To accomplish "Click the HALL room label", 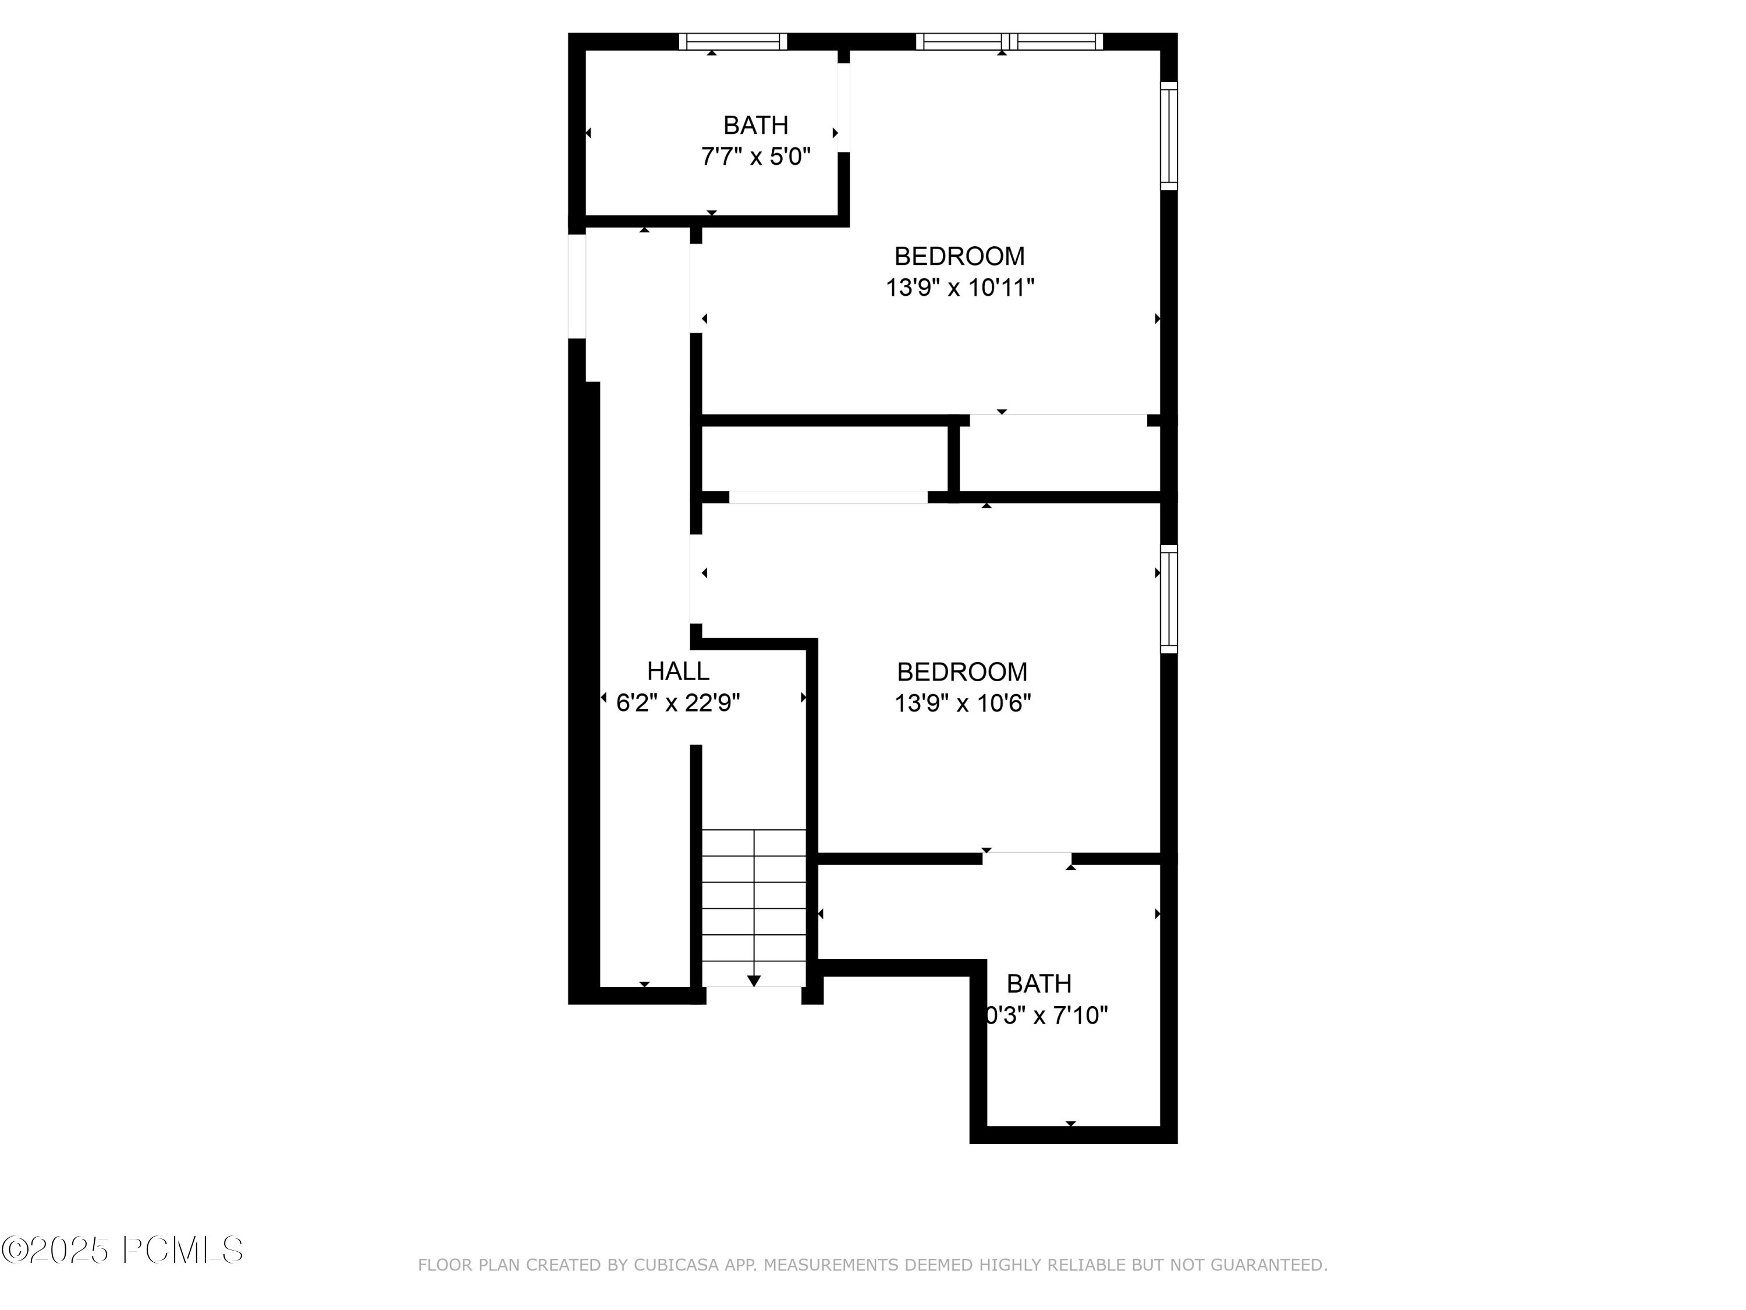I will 677,671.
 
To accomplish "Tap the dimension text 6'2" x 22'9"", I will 677,703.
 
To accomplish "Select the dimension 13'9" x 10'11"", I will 959,288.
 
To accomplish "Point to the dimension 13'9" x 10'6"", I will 962,703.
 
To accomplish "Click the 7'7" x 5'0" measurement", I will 755,157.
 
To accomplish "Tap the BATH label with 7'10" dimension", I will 1039,983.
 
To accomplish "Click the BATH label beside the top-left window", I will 755,125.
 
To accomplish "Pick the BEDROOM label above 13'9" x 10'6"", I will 962,671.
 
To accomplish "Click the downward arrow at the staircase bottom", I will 754,980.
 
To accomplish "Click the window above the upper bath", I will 733,42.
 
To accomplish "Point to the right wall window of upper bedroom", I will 1168,136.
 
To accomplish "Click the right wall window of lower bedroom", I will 1168,599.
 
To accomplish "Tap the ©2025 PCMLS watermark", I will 122,1249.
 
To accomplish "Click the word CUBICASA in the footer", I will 676,1265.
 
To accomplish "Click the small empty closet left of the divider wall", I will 824,458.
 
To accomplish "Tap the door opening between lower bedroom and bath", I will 1026,858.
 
